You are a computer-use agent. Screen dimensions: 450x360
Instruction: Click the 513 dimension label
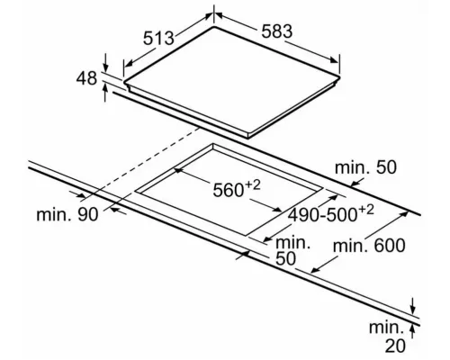coord(158,38)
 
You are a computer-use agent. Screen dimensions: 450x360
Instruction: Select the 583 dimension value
coord(276,31)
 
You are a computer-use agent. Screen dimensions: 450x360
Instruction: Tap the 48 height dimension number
coord(86,78)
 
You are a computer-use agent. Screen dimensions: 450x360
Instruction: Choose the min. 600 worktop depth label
coord(369,246)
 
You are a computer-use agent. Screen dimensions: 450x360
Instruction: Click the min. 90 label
coord(67,214)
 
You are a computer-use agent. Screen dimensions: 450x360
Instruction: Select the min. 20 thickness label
coord(387,337)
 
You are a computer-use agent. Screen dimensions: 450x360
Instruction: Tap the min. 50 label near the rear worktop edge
coord(365,167)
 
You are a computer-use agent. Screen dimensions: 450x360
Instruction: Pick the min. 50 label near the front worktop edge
coord(292,250)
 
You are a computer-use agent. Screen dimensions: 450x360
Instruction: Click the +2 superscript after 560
coord(252,185)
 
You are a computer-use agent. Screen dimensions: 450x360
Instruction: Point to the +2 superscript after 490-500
coord(366,210)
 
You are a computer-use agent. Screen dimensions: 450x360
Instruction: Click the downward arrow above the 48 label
coord(105,62)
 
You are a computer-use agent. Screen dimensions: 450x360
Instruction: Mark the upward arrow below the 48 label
coord(105,93)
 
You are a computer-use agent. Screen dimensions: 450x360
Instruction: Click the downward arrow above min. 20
coord(413,306)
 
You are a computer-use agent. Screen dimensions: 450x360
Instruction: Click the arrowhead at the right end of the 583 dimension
coord(334,59)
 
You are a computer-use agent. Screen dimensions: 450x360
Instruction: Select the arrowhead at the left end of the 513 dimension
coord(129,63)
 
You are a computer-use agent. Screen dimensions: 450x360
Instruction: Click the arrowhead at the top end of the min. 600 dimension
coord(405,213)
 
